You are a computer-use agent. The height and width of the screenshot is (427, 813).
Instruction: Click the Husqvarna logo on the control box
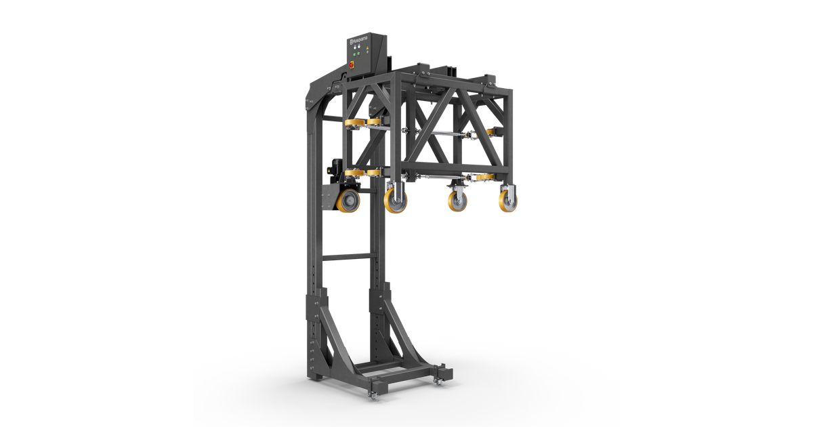(x=360, y=41)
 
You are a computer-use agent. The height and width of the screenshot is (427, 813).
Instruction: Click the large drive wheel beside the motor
(x=349, y=201)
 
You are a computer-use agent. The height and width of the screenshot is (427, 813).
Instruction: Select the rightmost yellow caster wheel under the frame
(x=507, y=201)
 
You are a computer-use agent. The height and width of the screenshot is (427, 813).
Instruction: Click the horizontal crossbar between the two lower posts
(x=346, y=257)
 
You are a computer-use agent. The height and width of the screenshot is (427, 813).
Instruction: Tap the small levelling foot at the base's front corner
(x=372, y=394)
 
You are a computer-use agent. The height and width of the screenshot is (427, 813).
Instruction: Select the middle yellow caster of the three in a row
(x=457, y=201)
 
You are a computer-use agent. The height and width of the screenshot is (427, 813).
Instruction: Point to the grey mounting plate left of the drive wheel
(x=328, y=200)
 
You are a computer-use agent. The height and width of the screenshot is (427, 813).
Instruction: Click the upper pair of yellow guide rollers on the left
(x=363, y=123)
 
